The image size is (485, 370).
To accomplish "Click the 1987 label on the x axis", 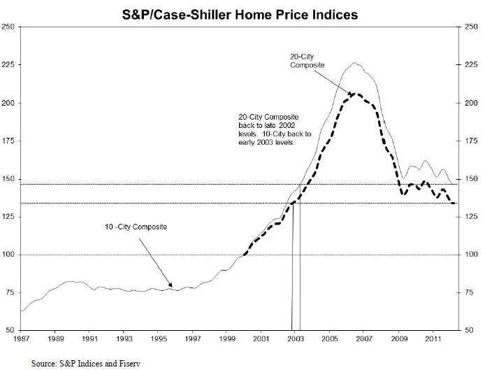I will tap(22, 339).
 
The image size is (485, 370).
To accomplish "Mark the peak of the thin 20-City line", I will tap(355, 63).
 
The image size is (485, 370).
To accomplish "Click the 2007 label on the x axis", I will tap(363, 339).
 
